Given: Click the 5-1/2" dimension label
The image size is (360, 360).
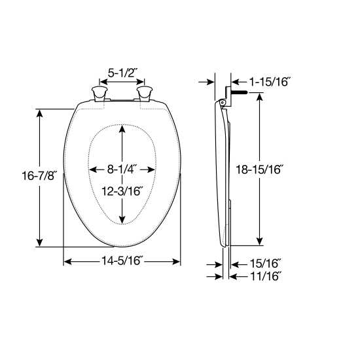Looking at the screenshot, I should [x=122, y=74].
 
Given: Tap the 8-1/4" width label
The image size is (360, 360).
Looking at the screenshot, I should [x=122, y=169].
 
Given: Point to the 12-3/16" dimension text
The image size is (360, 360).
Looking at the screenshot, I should [x=122, y=190].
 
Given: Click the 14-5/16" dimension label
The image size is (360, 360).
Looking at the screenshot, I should [x=122, y=262].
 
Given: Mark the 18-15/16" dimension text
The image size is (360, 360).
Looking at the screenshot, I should [x=260, y=170].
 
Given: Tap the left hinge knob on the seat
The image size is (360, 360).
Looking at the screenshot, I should [x=99, y=93].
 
